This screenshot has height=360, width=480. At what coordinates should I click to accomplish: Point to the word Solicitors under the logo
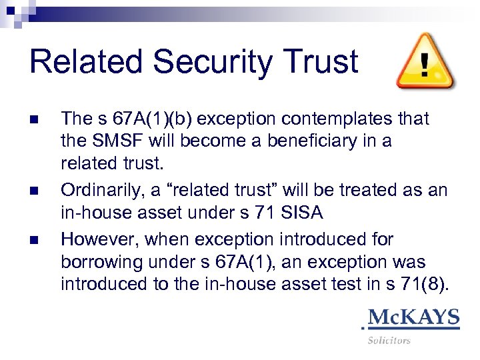pyautogui.click(x=389, y=340)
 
